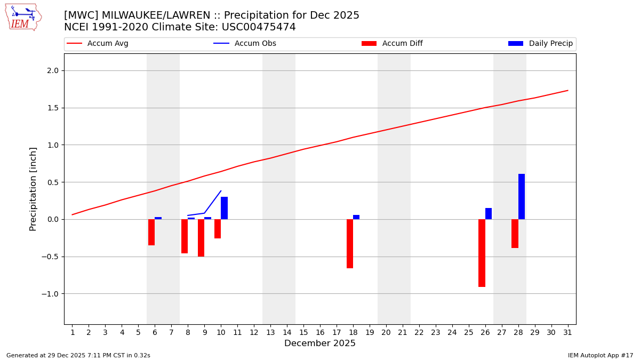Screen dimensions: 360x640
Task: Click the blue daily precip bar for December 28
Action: coord(522,196)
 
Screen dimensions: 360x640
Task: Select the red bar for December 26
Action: coord(482,253)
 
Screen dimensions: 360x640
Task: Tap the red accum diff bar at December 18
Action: coord(350,244)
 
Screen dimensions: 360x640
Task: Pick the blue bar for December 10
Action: coord(224,208)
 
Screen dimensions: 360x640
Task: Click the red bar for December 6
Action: coord(151,232)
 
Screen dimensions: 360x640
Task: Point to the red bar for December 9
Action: coord(201,238)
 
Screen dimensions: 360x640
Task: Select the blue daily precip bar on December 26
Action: coord(489,213)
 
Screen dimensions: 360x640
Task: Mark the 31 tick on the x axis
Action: coord(567,332)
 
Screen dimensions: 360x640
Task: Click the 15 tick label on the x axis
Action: coord(303,332)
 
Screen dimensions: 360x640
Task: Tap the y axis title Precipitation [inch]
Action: coord(33,189)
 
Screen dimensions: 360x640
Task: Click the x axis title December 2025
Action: coord(319,343)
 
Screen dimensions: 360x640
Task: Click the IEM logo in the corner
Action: coord(23,17)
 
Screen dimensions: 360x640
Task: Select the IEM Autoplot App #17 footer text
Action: coord(601,355)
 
